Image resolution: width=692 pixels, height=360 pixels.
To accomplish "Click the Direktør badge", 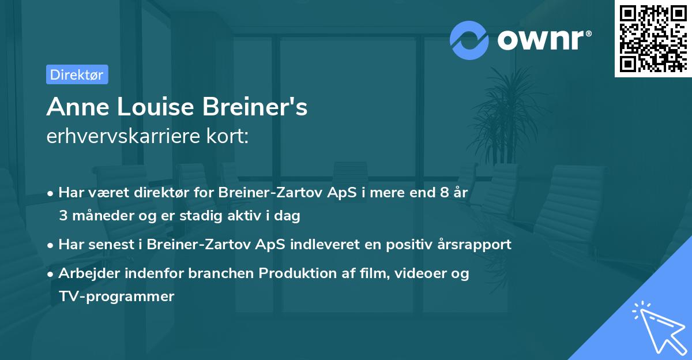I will [x=77, y=74].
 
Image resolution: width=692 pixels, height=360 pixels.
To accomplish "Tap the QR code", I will [x=652, y=38].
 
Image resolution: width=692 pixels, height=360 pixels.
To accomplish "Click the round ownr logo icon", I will [x=469, y=40].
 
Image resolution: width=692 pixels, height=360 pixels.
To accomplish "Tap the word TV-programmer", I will [x=116, y=297].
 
